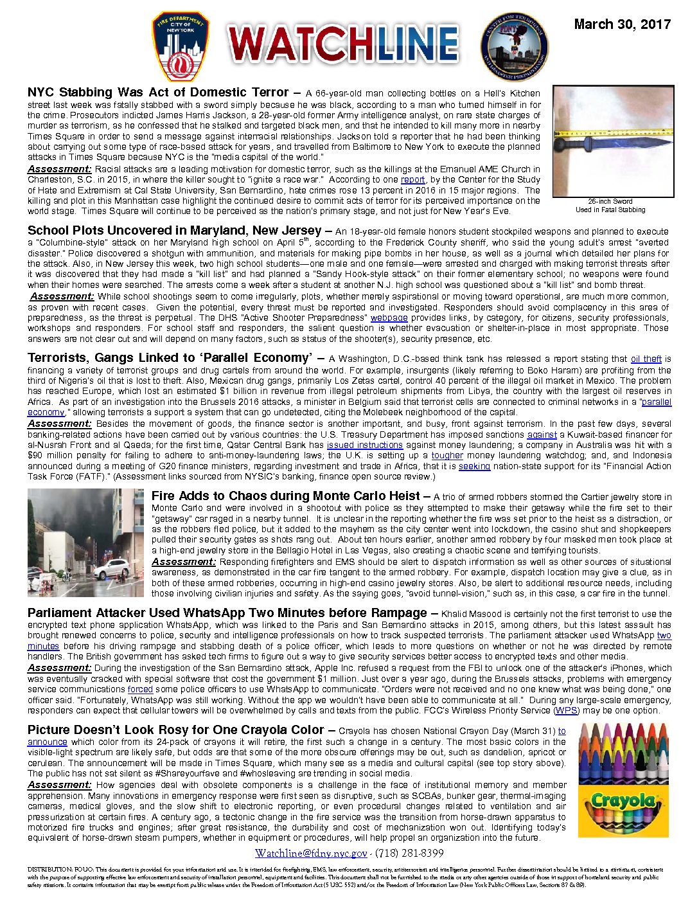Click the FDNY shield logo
pos(181,46)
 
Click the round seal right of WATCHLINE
pos(514,47)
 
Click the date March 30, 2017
pos(622,24)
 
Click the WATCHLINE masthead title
pos(343,46)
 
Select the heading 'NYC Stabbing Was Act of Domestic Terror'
pos(157,93)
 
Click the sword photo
pos(613,141)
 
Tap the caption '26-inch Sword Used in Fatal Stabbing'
pos(610,205)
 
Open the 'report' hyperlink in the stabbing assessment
pos(412,180)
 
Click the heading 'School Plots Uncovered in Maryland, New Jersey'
pos(174,230)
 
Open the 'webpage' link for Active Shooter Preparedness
pos(389,318)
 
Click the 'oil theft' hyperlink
pos(646,359)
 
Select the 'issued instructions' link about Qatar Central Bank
pos(364,445)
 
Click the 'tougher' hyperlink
pos(447,455)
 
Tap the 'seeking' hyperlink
pos(474,466)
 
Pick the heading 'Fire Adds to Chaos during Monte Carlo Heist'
pos(286,496)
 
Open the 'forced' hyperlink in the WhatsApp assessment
pos(140,689)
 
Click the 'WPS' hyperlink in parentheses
pos(566,710)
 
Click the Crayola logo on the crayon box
pos(623,802)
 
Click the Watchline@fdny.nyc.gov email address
pos(311,854)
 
